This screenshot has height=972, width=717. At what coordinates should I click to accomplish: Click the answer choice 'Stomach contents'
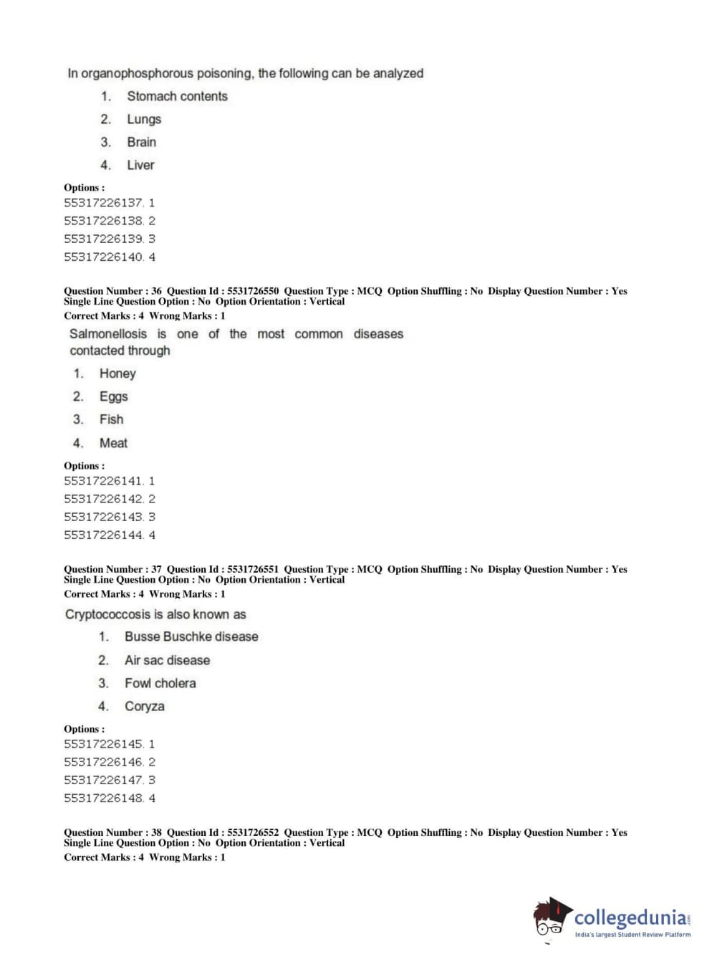pyautogui.click(x=177, y=96)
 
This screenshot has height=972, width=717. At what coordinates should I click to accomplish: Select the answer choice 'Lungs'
pyautogui.click(x=144, y=119)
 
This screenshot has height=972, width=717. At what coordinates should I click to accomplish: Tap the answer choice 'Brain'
pyautogui.click(x=141, y=142)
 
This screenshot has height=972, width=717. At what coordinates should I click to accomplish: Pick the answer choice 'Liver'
pyautogui.click(x=140, y=165)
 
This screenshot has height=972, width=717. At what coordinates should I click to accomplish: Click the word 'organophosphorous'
pyautogui.click(x=137, y=73)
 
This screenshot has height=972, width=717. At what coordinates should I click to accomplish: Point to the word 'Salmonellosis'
pyautogui.click(x=107, y=334)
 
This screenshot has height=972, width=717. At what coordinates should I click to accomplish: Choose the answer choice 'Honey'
pyautogui.click(x=117, y=373)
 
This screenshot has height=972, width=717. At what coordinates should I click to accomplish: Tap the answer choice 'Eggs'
pyautogui.click(x=113, y=396)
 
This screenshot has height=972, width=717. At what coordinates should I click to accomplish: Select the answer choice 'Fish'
pyautogui.click(x=111, y=419)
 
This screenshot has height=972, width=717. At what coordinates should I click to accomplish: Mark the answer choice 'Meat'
pyautogui.click(x=113, y=443)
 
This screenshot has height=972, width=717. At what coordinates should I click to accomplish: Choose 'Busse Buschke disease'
pyautogui.click(x=191, y=637)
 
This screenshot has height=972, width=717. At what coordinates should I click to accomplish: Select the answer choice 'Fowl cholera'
pyautogui.click(x=160, y=683)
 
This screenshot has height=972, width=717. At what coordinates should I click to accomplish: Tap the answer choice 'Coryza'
pyautogui.click(x=144, y=706)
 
